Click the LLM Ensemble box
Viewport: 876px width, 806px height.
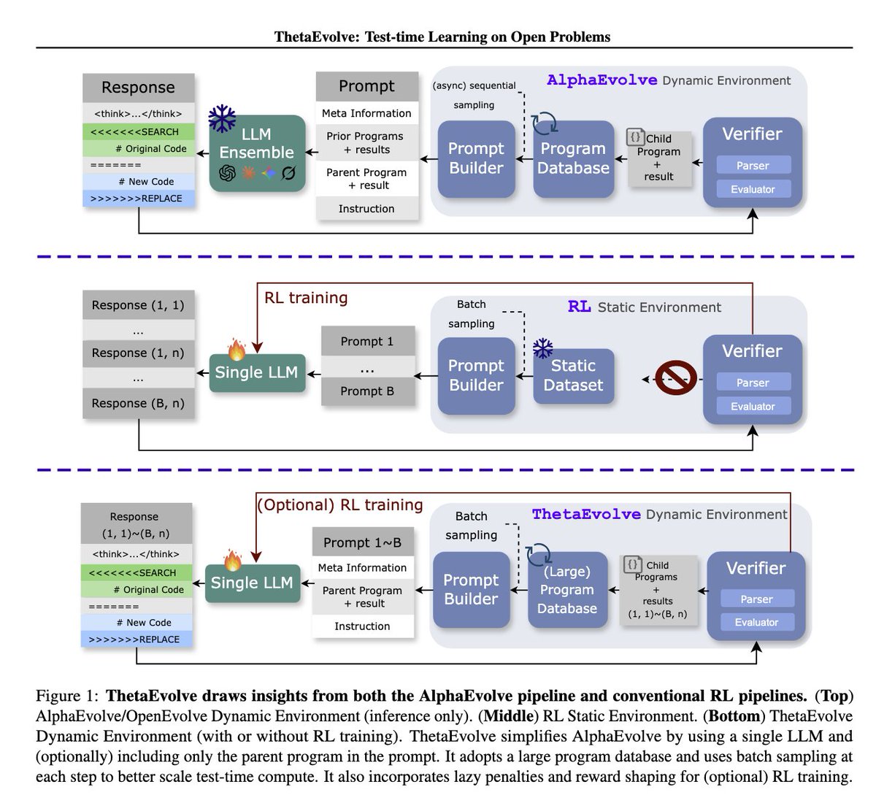(257, 153)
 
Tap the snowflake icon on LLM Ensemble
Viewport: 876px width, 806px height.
(222, 118)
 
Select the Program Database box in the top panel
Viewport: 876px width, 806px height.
(573, 158)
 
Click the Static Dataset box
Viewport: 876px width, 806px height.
(573, 375)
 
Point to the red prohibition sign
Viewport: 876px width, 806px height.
(675, 377)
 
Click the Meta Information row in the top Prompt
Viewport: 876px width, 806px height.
(366, 113)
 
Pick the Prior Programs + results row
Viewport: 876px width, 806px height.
(366, 143)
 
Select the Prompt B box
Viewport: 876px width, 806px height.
(367, 391)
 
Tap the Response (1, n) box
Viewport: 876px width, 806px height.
(138, 353)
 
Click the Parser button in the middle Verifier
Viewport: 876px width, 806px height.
(753, 383)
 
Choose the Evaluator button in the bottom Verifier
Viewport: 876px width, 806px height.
(756, 621)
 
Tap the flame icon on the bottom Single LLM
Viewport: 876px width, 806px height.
(232, 560)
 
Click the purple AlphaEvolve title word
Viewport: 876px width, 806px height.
(602, 80)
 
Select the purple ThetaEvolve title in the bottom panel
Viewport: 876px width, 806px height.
(586, 514)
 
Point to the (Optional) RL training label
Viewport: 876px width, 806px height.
(339, 505)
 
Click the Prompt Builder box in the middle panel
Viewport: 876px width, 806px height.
(476, 375)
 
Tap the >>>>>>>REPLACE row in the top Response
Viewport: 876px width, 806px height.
(138, 199)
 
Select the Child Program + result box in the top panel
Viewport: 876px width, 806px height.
(659, 158)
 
